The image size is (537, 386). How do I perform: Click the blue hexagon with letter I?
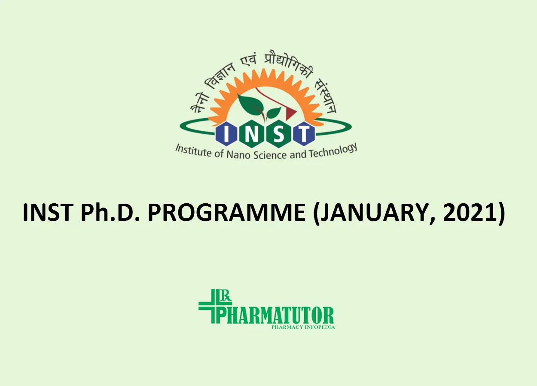click(x=226, y=134)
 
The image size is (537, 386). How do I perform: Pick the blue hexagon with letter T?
click(x=303, y=134)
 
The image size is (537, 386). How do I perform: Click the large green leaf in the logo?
click(x=250, y=106)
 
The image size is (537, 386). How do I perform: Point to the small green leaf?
click(x=274, y=112)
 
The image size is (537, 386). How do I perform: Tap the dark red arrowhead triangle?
click(x=291, y=112)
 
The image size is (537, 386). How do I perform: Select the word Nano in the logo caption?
click(x=239, y=155)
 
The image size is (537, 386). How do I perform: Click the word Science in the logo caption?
click(x=270, y=155)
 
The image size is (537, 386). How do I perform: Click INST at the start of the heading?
click(x=48, y=212)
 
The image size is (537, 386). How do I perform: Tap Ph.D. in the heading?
click(x=110, y=212)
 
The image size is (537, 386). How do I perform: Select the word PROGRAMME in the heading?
click(x=226, y=212)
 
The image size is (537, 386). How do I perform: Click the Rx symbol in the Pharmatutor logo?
click(x=226, y=296)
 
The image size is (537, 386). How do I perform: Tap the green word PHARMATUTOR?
click(x=275, y=315)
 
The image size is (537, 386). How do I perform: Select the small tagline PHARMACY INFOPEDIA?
click(x=303, y=327)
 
